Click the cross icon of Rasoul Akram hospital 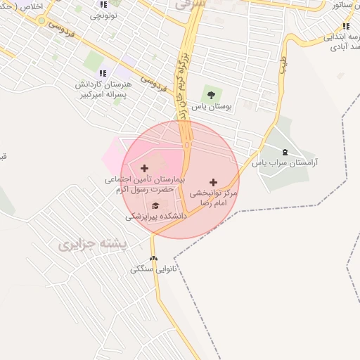pyautogui.click(x=145, y=168)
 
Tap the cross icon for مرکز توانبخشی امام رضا pyautogui.click(x=214, y=181)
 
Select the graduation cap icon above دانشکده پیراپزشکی pyautogui.click(x=155, y=205)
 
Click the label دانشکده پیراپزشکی pyautogui.click(x=156, y=217)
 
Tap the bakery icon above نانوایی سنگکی pyautogui.click(x=153, y=258)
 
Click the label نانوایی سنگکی pyautogui.click(x=153, y=269)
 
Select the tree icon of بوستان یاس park pyautogui.click(x=209, y=95)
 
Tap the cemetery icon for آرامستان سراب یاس pyautogui.click(x=285, y=152)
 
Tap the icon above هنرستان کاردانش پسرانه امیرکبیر pyautogui.click(x=103, y=72)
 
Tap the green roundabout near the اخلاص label pyautogui.click(x=41, y=21)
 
